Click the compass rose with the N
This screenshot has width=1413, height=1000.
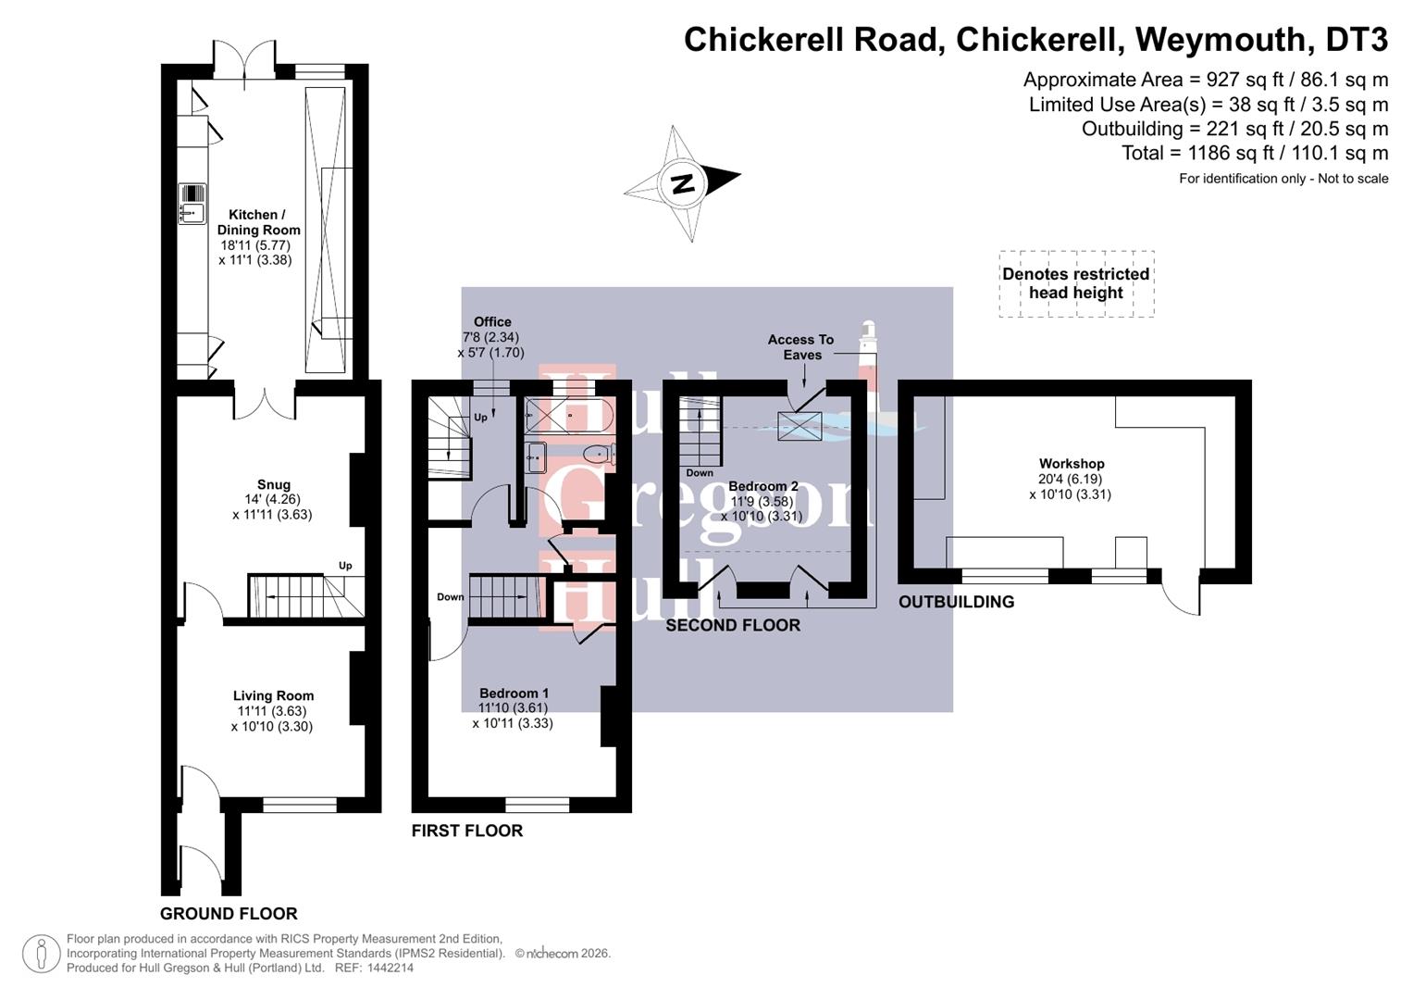click(683, 183)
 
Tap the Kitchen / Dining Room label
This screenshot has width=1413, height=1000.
click(258, 222)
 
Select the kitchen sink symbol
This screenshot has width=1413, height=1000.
click(192, 204)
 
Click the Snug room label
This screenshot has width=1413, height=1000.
click(274, 484)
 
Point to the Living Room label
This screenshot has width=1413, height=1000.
click(273, 695)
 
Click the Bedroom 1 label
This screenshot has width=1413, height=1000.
click(514, 693)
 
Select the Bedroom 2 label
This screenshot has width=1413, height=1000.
click(762, 486)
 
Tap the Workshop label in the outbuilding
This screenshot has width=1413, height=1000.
click(1072, 464)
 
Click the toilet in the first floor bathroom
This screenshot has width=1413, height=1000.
click(599, 454)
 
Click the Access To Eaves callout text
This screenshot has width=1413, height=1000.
click(801, 347)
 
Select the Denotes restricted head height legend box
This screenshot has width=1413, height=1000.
click(1076, 283)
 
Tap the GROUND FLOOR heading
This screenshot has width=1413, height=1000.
click(229, 914)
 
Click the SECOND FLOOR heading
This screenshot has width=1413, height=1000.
click(733, 626)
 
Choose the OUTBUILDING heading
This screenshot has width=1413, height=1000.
click(956, 602)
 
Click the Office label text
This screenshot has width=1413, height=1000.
click(492, 322)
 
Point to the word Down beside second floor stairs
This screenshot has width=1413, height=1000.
click(700, 473)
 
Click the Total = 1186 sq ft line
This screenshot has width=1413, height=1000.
click(1255, 153)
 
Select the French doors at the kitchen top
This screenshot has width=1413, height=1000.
click(244, 61)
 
